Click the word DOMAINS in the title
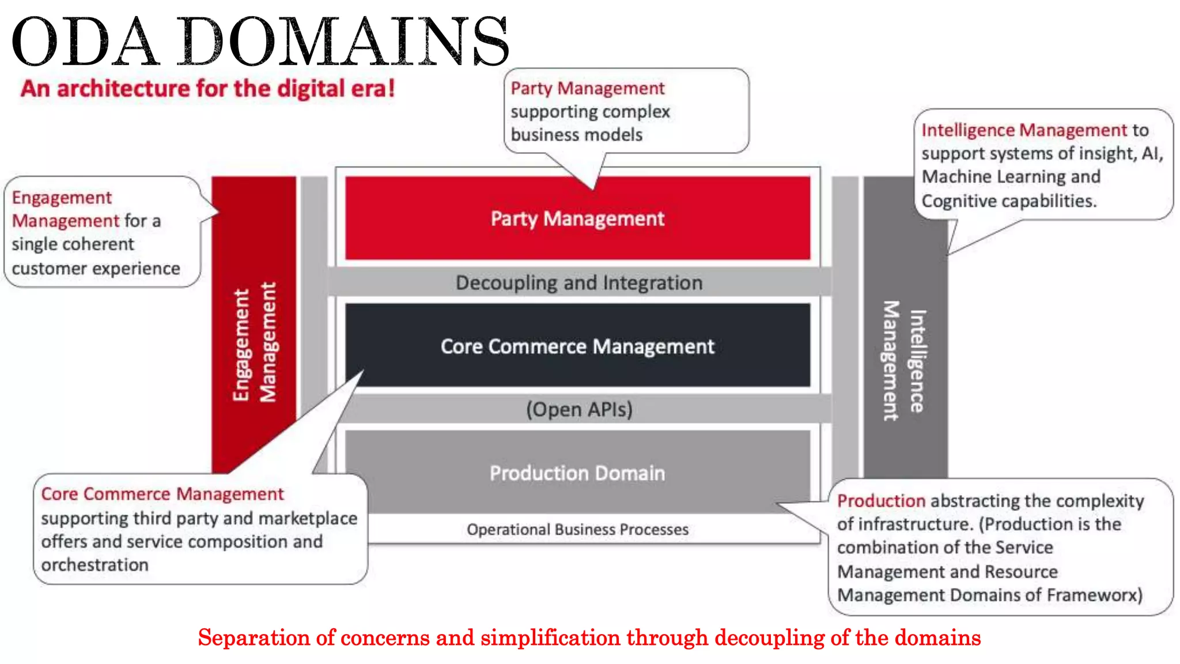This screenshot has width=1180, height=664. pyautogui.click(x=343, y=41)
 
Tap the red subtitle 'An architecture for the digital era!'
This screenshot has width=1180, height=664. pyautogui.click(x=207, y=89)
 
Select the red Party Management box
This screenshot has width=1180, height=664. pyautogui.click(x=577, y=218)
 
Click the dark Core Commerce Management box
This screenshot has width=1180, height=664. pyautogui.click(x=577, y=346)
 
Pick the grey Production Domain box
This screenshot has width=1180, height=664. pyautogui.click(x=577, y=473)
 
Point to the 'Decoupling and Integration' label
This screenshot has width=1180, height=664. pyautogui.click(x=579, y=282)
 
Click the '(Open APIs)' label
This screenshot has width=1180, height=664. pyautogui.click(x=579, y=409)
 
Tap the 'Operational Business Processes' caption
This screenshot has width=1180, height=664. pyautogui.click(x=577, y=529)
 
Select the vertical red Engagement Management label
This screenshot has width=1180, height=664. pyautogui.click(x=254, y=344)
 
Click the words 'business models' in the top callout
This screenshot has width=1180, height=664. pyautogui.click(x=576, y=135)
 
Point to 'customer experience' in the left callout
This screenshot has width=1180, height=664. pyautogui.click(x=96, y=269)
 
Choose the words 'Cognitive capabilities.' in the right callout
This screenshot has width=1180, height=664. pyautogui.click(x=1009, y=201)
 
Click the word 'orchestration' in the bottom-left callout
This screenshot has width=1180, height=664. pyautogui.click(x=94, y=565)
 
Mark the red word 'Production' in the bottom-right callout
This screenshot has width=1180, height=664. pyautogui.click(x=881, y=500)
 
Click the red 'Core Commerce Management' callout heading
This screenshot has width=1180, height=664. pyautogui.click(x=162, y=494)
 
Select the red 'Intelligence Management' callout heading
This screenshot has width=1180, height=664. pyautogui.click(x=1024, y=130)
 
